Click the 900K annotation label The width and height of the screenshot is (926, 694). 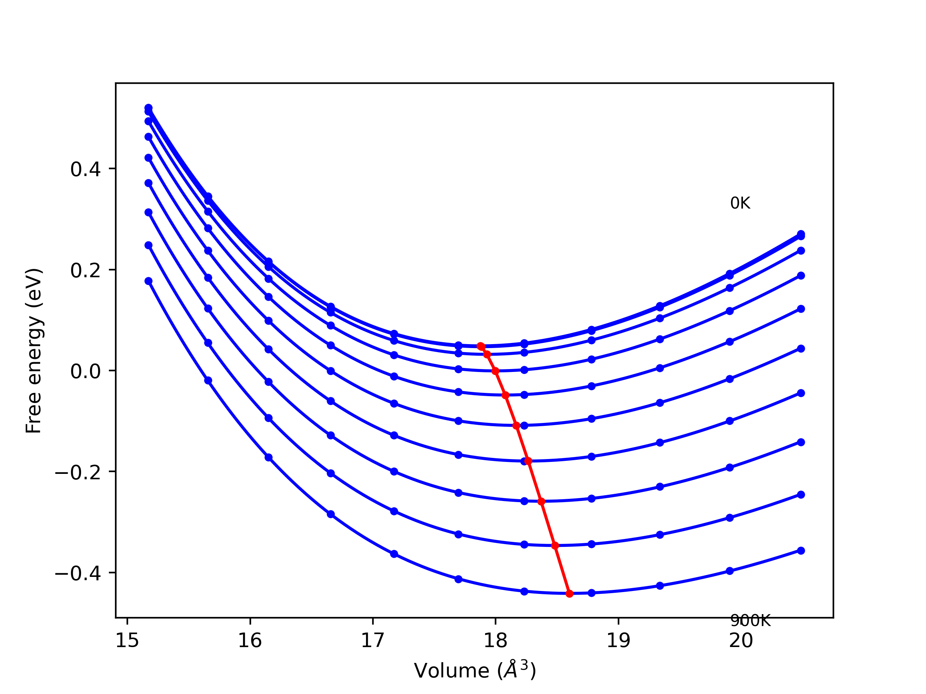[x=750, y=621]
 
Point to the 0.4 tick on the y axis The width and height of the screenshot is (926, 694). [x=85, y=170]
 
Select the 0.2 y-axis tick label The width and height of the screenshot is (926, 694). [x=85, y=270]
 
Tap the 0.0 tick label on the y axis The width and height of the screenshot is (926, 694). [x=85, y=371]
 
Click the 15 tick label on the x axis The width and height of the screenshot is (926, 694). [x=127, y=641]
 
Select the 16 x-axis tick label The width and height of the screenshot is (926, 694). [x=250, y=641]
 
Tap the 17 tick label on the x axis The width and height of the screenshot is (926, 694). [x=373, y=641]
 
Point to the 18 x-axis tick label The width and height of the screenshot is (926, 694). [x=496, y=641]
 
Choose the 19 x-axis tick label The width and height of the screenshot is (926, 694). [x=618, y=641]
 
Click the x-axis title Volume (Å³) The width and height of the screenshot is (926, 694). [x=475, y=671]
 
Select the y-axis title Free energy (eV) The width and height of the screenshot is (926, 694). [x=34, y=351]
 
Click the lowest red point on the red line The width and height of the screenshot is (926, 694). [x=569, y=594]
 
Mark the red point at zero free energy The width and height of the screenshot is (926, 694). [x=495, y=371]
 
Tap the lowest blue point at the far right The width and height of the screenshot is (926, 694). [x=801, y=551]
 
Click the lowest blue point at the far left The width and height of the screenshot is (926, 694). [x=149, y=281]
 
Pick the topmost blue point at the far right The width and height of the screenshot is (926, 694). [x=801, y=234]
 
